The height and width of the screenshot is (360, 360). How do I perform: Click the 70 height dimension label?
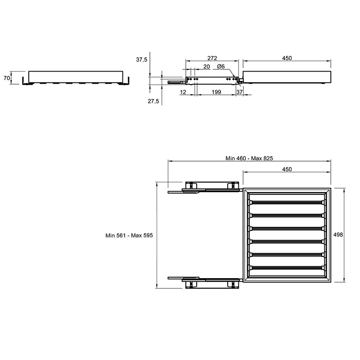click(7, 78)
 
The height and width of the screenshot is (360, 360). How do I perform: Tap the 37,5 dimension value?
click(142, 60)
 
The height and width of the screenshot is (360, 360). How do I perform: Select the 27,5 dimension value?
click(153, 101)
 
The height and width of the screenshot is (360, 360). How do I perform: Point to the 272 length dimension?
click(212, 58)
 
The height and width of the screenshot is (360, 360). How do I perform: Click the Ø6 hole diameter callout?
click(220, 66)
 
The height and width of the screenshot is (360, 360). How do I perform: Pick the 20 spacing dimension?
click(207, 67)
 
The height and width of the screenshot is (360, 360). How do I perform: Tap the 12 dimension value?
click(183, 92)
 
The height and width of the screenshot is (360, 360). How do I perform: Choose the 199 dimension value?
click(216, 92)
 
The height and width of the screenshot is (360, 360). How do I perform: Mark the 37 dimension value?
click(239, 92)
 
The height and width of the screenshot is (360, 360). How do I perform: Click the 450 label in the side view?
click(287, 58)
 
